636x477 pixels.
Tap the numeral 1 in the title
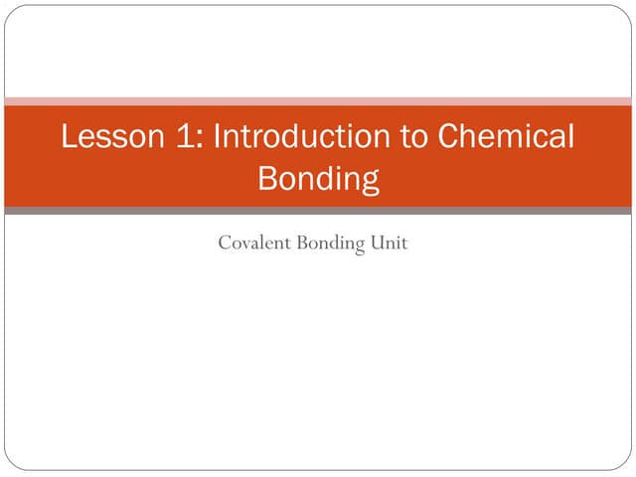[189, 136]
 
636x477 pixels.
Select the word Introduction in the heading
[299, 136]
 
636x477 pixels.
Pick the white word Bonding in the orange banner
[318, 180]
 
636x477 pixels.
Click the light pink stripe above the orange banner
[318, 100]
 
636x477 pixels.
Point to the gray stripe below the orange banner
[318, 211]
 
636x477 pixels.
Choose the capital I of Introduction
[218, 136]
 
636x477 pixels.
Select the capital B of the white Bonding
[266, 180]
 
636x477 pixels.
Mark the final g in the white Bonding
[370, 184]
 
